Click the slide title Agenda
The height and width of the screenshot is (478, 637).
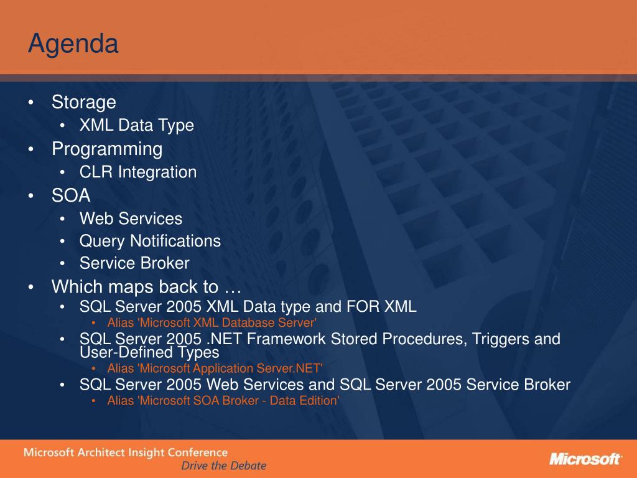(x=73, y=44)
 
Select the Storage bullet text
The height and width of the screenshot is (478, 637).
(x=84, y=102)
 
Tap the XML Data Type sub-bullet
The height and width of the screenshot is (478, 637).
(x=136, y=125)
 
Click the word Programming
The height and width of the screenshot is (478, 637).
(x=107, y=149)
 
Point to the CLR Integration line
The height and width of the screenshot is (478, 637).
(x=138, y=172)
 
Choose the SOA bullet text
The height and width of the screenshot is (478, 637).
(x=71, y=195)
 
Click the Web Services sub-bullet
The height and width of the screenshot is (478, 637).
(x=131, y=218)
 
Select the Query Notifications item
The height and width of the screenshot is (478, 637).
(x=150, y=241)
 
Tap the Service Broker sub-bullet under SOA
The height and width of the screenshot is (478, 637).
(x=134, y=263)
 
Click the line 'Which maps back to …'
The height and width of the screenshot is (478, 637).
(x=147, y=286)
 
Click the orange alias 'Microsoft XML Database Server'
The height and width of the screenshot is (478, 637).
(x=212, y=323)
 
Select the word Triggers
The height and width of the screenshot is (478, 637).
(x=500, y=339)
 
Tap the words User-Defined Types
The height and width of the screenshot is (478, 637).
(x=149, y=352)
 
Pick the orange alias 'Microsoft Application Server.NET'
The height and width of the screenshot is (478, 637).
(x=215, y=368)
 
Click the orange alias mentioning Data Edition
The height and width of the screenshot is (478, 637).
(x=223, y=401)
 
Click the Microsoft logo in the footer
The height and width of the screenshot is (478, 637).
(x=585, y=459)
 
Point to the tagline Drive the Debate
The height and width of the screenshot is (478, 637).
(x=224, y=466)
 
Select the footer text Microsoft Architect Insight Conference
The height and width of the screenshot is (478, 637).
(x=126, y=452)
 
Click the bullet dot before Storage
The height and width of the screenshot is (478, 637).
(x=31, y=103)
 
